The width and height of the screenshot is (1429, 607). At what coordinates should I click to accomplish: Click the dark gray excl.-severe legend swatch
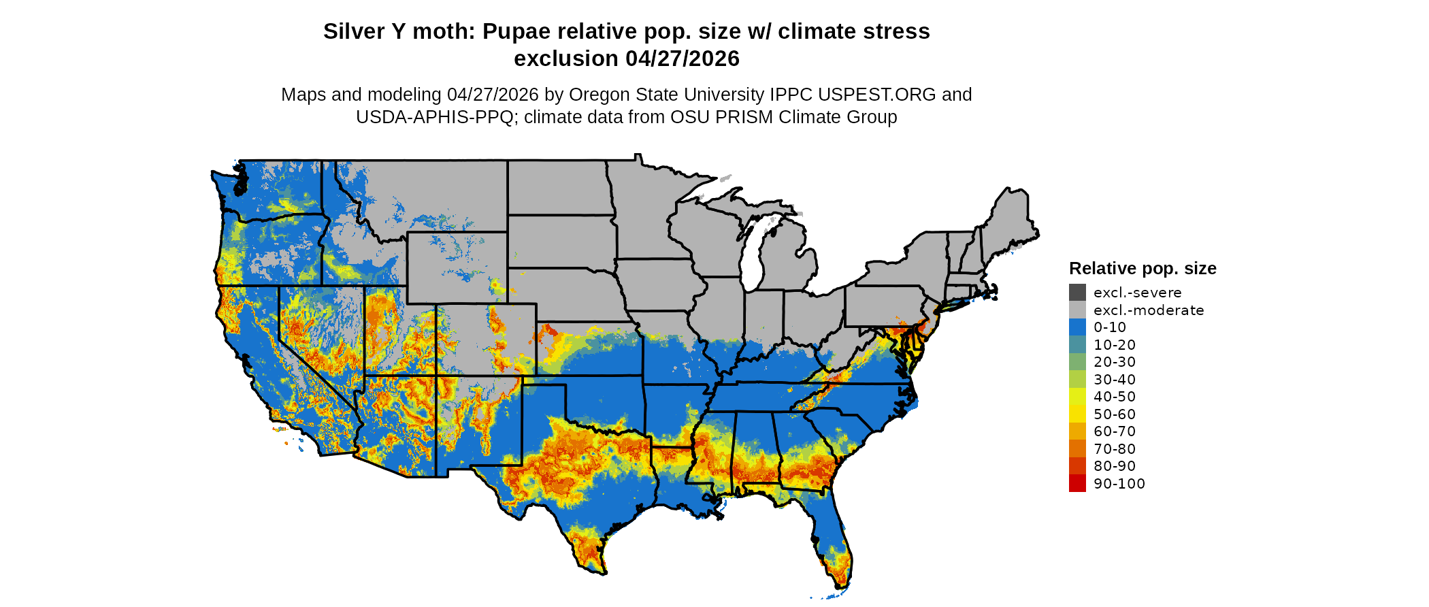(x=1077, y=293)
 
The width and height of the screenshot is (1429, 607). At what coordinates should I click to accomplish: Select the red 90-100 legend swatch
(x=1077, y=483)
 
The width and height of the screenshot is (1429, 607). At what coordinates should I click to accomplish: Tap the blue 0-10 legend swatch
(x=1077, y=327)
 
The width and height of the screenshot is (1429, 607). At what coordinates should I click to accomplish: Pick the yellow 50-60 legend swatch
(x=1077, y=414)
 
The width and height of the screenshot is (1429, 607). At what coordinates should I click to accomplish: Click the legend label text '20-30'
(x=1114, y=362)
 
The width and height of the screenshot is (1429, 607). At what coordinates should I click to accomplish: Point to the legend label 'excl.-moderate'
(x=1148, y=310)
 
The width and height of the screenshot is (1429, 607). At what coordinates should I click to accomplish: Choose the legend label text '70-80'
(x=1114, y=448)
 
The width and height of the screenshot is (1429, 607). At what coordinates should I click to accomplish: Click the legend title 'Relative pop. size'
(x=1142, y=268)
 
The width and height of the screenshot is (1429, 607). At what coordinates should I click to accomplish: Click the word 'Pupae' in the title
(x=514, y=31)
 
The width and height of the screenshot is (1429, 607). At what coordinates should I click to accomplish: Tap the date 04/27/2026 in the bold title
(x=683, y=59)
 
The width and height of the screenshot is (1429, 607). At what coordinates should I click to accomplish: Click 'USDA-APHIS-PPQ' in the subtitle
(x=434, y=117)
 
